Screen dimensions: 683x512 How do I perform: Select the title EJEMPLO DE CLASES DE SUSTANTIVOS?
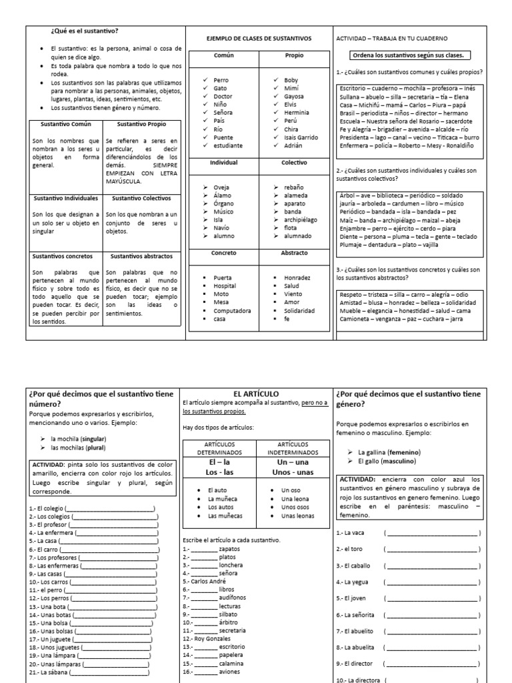point(259,38)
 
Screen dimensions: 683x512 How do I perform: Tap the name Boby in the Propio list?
point(291,80)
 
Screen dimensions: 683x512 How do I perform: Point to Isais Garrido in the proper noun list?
point(301,137)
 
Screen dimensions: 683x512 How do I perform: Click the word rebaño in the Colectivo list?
point(293,187)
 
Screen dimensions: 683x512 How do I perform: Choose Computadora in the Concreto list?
point(232,310)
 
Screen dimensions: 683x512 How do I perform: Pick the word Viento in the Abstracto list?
point(293,294)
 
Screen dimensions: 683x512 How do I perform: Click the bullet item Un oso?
point(291,490)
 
